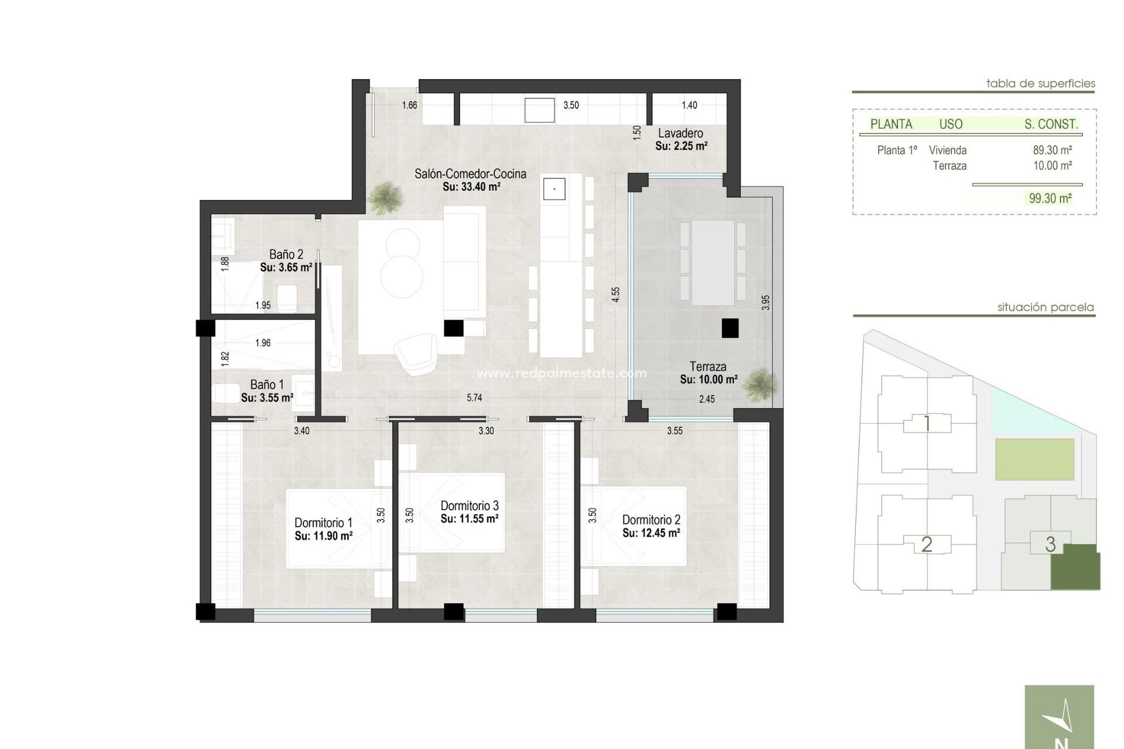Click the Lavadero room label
(680, 133)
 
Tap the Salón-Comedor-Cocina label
(470, 174)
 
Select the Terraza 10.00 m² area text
(708, 379)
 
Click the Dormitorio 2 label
(651, 520)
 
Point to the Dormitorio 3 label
(470, 506)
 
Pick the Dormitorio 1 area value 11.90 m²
(323, 536)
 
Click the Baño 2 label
(286, 255)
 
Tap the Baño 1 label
(266, 384)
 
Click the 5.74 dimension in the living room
(474, 398)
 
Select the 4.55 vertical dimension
(615, 294)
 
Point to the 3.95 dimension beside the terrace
(766, 303)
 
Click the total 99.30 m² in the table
(1050, 198)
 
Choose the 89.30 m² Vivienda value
(1052, 150)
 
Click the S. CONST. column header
(1051, 124)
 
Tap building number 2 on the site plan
(926, 545)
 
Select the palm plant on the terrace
(760, 385)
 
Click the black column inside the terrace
(729, 328)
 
